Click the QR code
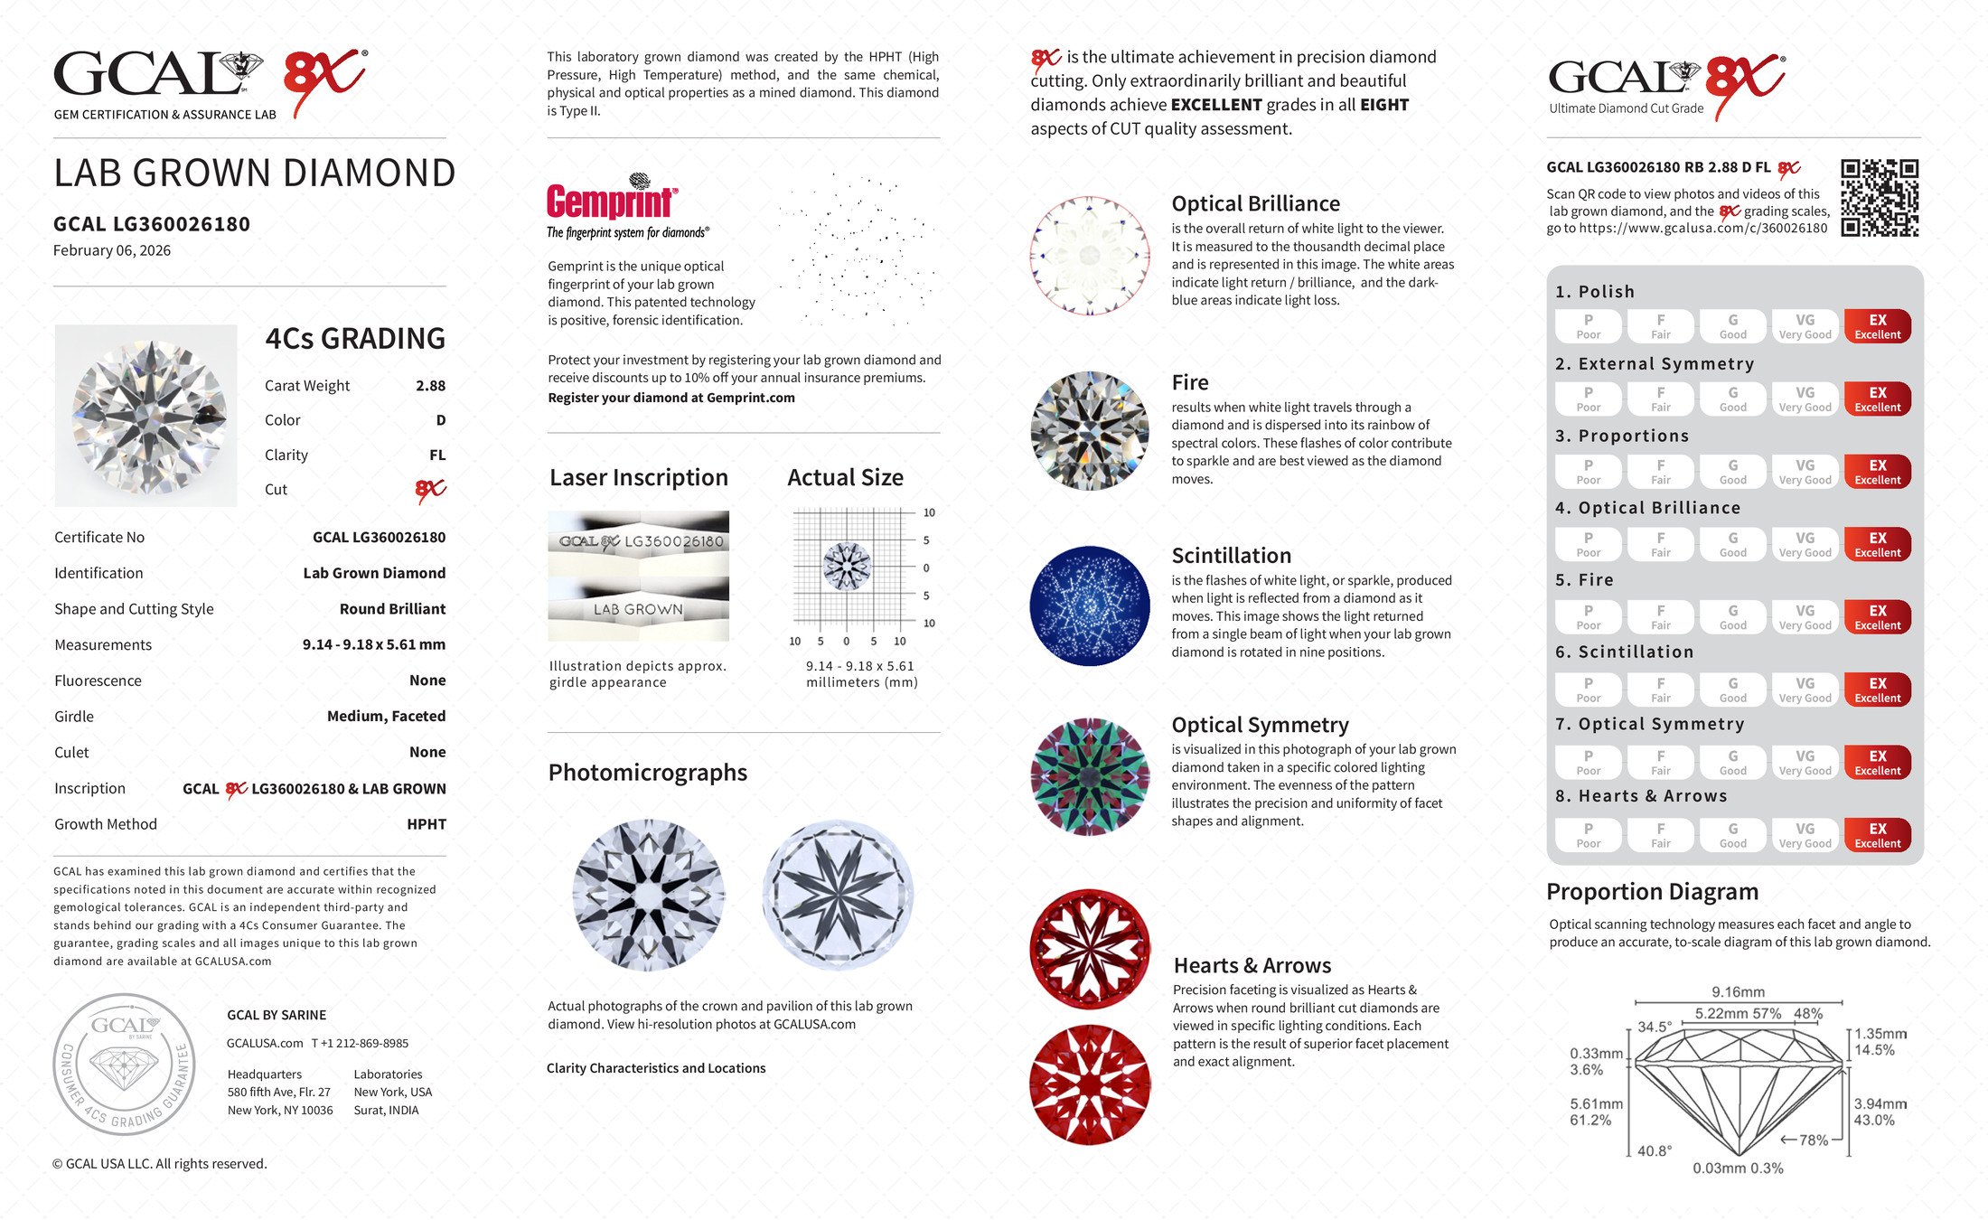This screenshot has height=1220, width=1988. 1880,198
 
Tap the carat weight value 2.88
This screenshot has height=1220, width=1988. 430,386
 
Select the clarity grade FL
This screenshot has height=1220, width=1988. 437,455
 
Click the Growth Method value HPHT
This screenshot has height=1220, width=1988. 426,824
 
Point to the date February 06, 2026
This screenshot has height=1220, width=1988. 112,251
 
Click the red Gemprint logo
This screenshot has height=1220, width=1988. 611,201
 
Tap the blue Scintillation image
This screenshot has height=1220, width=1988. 1090,605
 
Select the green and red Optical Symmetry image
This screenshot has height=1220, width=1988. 1090,776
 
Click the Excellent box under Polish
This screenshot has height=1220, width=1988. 1877,326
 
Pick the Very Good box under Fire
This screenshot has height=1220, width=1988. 1805,617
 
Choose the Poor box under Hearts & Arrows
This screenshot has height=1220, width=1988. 1588,835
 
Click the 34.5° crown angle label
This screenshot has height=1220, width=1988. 1655,1028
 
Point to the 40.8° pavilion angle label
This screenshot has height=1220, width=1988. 1655,1151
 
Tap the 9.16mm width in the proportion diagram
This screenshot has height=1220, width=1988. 1738,992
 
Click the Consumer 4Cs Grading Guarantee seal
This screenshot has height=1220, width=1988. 125,1065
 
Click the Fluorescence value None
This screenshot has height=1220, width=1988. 427,680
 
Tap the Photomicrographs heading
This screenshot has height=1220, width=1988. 647,773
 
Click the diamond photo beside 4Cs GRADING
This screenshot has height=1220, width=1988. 146,416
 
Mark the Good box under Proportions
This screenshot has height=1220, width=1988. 1732,472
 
